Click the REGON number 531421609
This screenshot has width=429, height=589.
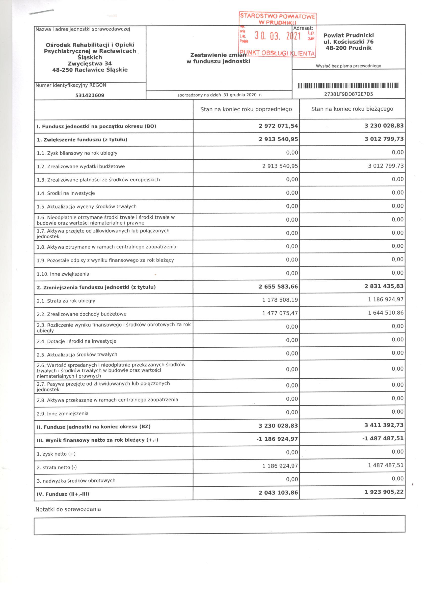pos(90,95)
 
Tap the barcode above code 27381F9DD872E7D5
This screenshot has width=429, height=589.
pos(348,85)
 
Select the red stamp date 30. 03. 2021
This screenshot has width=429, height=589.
pos(278,36)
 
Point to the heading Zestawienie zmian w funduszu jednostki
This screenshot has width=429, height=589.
pos(218,58)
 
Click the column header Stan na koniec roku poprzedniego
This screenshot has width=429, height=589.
pos(246,109)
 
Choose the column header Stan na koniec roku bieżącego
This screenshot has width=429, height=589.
pos(352,109)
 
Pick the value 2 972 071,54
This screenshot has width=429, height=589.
pos(278,126)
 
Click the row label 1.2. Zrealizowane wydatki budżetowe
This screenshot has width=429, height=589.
pos(81,167)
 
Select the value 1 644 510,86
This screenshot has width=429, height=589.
pos(386,313)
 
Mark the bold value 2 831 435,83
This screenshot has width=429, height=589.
pos(384,286)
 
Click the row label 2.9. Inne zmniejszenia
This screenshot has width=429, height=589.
pos(62,414)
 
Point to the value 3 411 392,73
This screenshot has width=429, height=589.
pos(384,425)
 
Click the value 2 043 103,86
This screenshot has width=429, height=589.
pos(278,493)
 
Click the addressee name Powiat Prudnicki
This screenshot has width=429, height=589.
pos(348,35)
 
